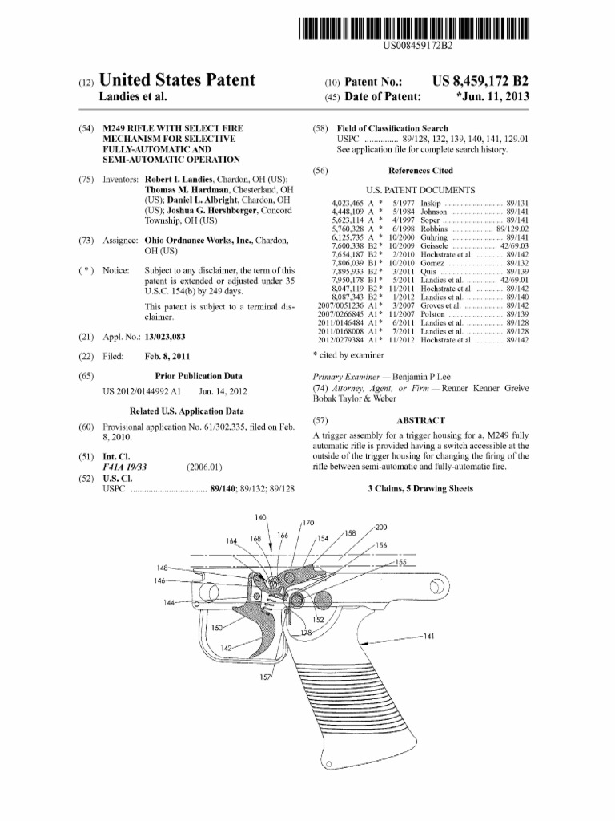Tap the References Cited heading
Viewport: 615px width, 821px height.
420,171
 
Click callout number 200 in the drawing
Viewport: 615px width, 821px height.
381,527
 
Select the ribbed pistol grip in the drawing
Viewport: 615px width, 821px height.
360,706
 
